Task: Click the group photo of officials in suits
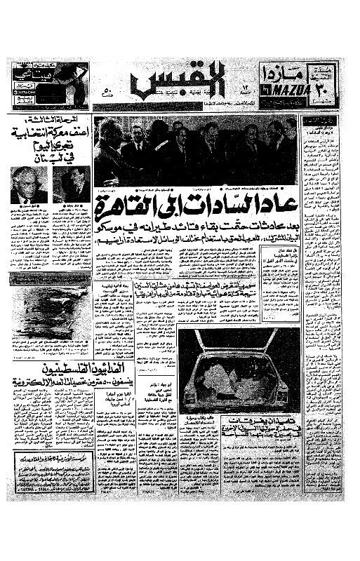(195, 151)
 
